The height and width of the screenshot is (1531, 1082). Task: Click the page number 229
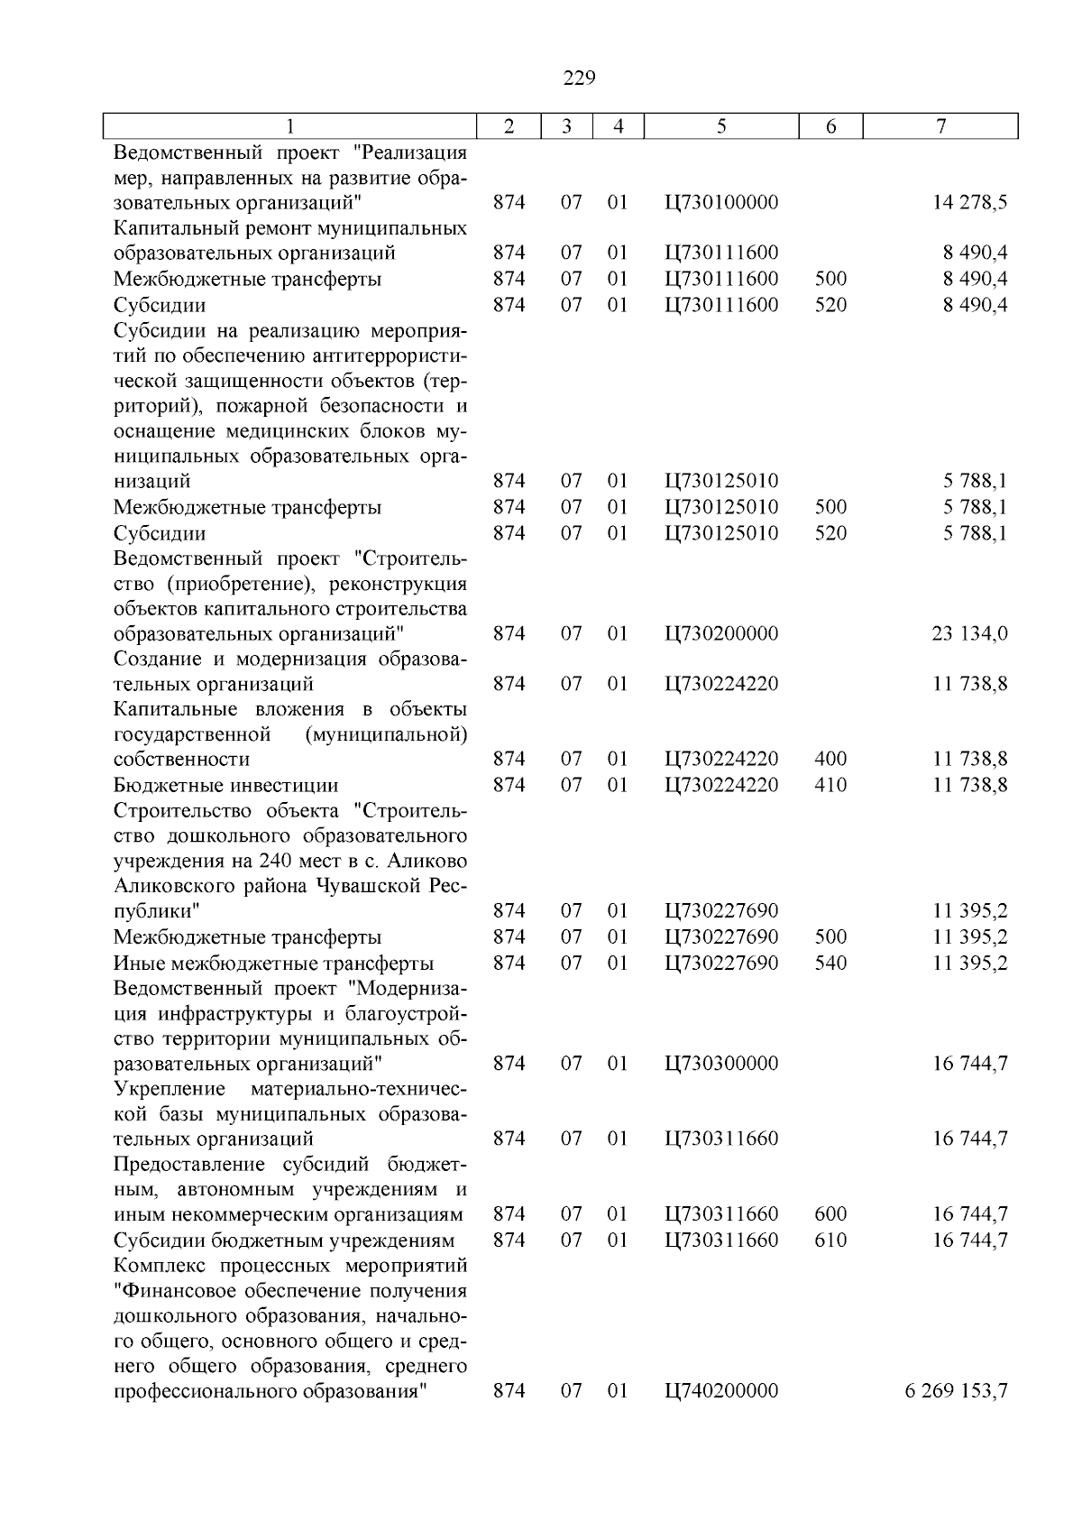tap(579, 78)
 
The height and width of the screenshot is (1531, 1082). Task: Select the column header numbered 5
tap(721, 127)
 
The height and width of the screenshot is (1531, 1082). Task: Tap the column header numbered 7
tap(940, 127)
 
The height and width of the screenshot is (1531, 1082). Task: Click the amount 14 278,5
tap(970, 203)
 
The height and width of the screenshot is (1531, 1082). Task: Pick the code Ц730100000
tap(721, 203)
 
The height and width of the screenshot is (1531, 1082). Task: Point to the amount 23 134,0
tap(970, 634)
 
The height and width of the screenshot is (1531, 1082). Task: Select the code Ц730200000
tap(721, 634)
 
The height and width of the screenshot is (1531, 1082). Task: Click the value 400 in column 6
tap(830, 760)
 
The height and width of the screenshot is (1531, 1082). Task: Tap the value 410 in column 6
tap(830, 786)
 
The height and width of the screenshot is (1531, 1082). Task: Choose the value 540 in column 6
tap(830, 964)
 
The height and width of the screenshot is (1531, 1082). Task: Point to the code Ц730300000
tap(721, 1064)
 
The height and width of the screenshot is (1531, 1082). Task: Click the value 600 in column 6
tap(830, 1215)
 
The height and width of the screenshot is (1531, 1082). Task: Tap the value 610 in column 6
tap(830, 1240)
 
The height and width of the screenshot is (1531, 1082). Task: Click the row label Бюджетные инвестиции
tap(226, 786)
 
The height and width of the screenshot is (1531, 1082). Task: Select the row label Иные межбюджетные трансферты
tap(274, 964)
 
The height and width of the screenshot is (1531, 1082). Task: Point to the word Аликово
tap(430, 862)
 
